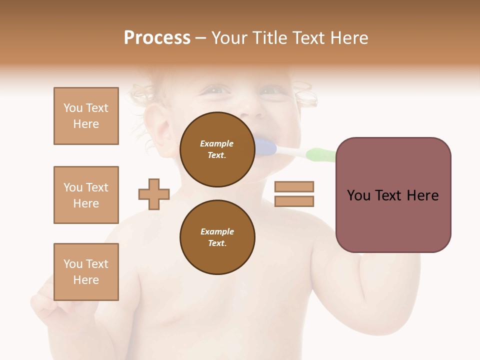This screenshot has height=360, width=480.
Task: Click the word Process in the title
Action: [157, 38]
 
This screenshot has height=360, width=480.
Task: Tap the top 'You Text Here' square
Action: [86, 116]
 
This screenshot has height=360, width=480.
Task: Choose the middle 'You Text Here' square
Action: [86, 195]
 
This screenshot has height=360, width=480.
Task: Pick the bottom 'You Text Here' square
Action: [86, 272]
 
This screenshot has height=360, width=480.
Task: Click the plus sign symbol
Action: [154, 194]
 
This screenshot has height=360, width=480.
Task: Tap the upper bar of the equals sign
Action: [294, 187]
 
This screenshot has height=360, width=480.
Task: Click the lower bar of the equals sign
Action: [294, 201]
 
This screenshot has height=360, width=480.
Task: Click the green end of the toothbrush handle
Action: [320, 154]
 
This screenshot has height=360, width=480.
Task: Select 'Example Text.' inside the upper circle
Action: [217, 149]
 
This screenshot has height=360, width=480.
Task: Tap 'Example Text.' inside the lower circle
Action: [217, 237]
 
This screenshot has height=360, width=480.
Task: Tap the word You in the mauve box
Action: [359, 195]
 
